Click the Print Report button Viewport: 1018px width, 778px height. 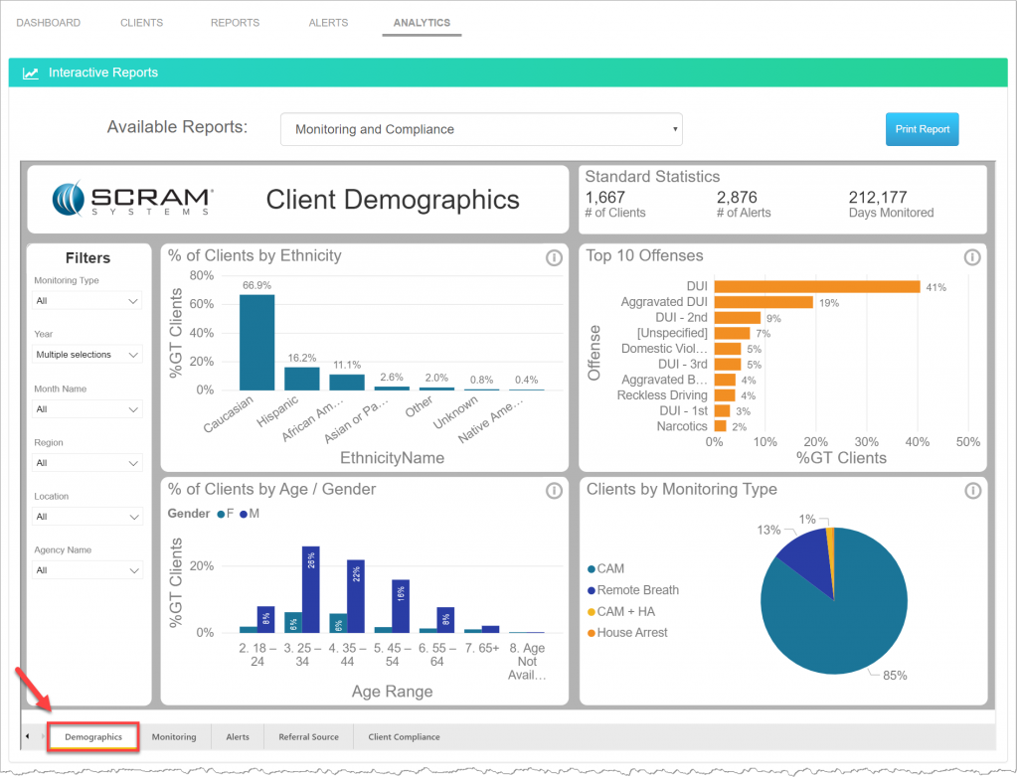[922, 129]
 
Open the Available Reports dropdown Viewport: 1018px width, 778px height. [481, 129]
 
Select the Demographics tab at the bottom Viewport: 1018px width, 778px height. [93, 736]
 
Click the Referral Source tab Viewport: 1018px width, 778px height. [308, 736]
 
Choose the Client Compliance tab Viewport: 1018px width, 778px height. [404, 736]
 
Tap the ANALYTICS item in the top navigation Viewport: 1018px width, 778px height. [422, 23]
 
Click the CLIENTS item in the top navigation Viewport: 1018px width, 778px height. [141, 23]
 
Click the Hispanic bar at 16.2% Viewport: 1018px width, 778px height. [301, 378]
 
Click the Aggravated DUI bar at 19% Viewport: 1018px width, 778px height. [763, 302]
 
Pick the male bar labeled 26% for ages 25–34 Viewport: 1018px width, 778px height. [310, 589]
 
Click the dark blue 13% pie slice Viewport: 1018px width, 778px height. [802, 556]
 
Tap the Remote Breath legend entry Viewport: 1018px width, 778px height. [637, 590]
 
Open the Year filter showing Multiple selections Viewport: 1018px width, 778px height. [88, 355]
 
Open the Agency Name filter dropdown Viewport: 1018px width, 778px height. [88, 570]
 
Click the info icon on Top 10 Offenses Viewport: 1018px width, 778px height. [971, 257]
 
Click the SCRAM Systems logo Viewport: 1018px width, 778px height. [133, 199]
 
